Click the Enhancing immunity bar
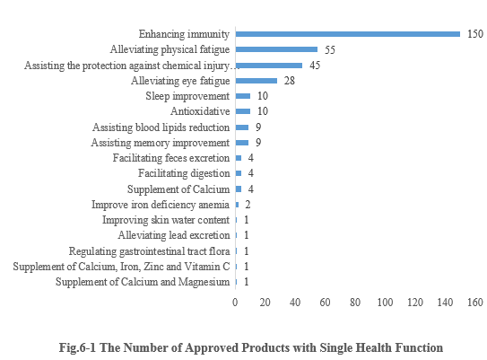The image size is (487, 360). click(347, 34)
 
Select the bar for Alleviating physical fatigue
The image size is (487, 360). click(276, 49)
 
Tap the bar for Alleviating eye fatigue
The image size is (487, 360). click(256, 80)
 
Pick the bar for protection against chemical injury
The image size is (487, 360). click(269, 65)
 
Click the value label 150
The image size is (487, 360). click(474, 34)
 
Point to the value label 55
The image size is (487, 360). click(329, 49)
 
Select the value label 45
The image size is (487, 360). click(315, 65)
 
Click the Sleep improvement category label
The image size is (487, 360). click(187, 96)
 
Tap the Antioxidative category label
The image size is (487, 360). click(200, 111)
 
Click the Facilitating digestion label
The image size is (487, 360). click(184, 173)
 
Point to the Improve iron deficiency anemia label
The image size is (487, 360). click(161, 205)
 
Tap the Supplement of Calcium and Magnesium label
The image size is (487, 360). click(143, 282)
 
